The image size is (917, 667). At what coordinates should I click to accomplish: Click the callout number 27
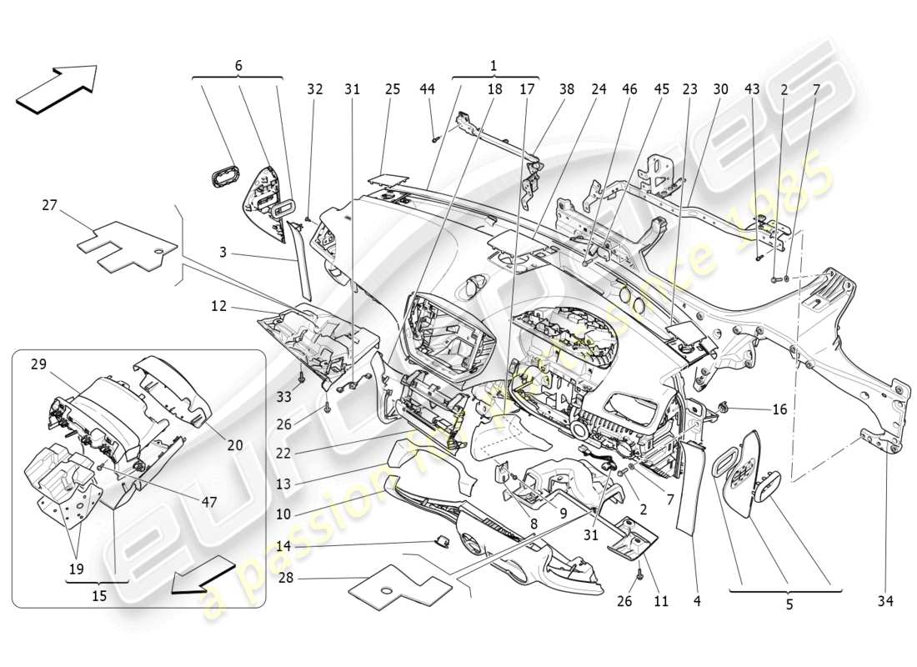click(50, 203)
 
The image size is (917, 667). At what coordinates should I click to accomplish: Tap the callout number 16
click(779, 409)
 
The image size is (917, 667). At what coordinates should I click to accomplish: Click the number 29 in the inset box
click(39, 364)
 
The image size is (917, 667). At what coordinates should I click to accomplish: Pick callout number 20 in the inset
click(235, 445)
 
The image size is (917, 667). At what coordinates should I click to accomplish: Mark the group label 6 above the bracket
click(238, 65)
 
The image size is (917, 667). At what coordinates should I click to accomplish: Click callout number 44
click(427, 88)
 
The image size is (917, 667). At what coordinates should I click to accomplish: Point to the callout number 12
click(218, 308)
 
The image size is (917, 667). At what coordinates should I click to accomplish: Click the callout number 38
click(566, 88)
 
